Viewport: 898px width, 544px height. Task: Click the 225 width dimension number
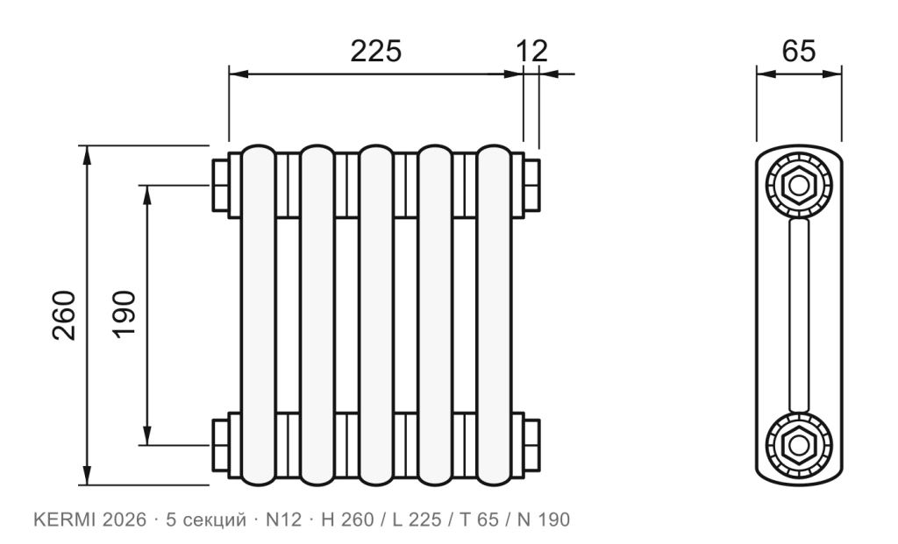pos(375,51)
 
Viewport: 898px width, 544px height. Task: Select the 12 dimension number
pos(532,51)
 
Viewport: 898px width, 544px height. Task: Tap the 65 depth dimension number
pos(798,51)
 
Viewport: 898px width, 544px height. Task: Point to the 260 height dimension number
pos(64,315)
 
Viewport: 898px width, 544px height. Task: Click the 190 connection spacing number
pos(125,315)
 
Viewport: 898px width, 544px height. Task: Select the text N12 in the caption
pos(283,519)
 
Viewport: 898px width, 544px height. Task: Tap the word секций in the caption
pos(214,520)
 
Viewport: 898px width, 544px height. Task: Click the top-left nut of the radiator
pos(220,186)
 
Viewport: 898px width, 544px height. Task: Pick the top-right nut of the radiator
pos(531,186)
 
